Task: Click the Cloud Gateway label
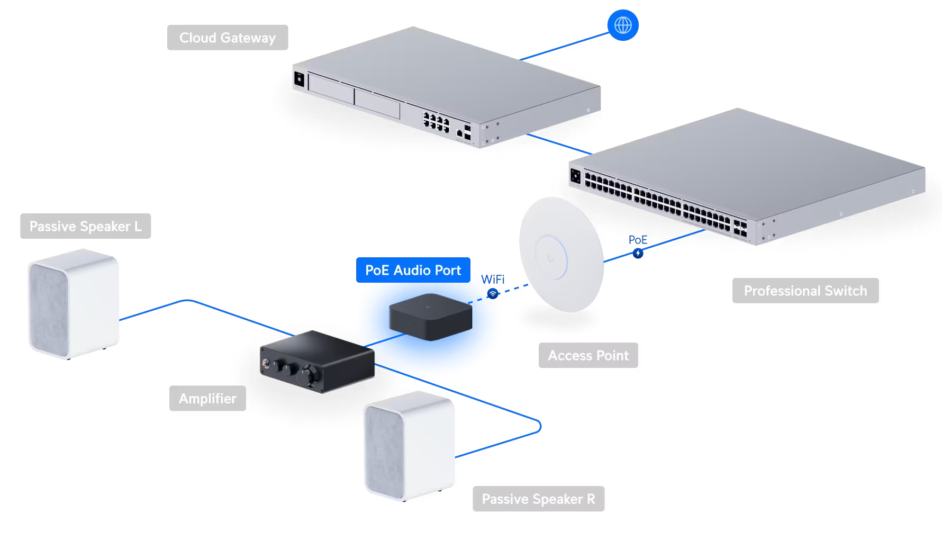tap(228, 38)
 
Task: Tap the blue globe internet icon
tap(623, 25)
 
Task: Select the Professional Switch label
tap(805, 291)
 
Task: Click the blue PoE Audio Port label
tap(413, 270)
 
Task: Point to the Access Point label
tap(588, 355)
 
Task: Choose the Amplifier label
tap(207, 398)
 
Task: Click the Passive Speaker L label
tap(86, 226)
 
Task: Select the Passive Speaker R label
tap(539, 499)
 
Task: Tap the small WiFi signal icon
tap(493, 293)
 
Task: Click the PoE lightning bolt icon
tap(638, 254)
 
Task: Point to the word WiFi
tap(493, 279)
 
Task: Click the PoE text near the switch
tap(638, 240)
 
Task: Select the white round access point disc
tap(561, 255)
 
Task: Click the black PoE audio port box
tap(430, 317)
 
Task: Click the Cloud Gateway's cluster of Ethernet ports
tap(436, 122)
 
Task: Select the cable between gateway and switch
tap(559, 144)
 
